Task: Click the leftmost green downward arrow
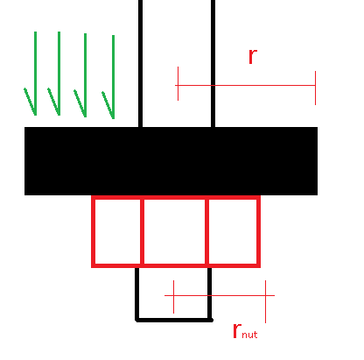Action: (35, 73)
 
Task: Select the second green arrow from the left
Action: (59, 73)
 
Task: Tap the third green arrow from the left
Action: (85, 75)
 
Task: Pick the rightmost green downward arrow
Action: (113, 77)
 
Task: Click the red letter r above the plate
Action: (253, 56)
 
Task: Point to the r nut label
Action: (245, 331)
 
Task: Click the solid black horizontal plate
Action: (171, 161)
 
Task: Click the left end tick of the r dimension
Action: (178, 84)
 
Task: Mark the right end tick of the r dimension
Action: (315, 88)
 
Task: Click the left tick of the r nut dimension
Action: (173, 297)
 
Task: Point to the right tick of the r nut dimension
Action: (265, 301)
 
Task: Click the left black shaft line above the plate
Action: (140, 63)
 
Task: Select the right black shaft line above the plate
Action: (213, 63)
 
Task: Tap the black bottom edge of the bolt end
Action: (174, 321)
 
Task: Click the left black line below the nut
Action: (136, 293)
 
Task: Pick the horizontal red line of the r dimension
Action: (245, 85)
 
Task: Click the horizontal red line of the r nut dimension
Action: (220, 295)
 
